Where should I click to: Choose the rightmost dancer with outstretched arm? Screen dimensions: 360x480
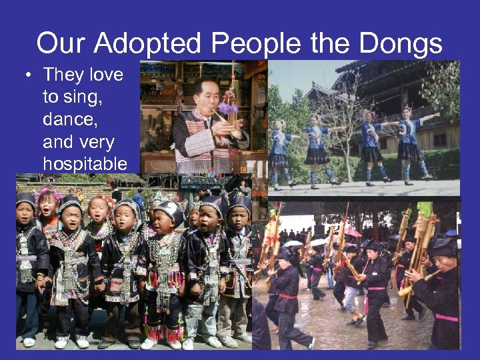(408, 140)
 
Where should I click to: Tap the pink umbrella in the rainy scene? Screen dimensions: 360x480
(353, 232)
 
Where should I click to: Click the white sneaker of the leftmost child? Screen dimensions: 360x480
(29, 341)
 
